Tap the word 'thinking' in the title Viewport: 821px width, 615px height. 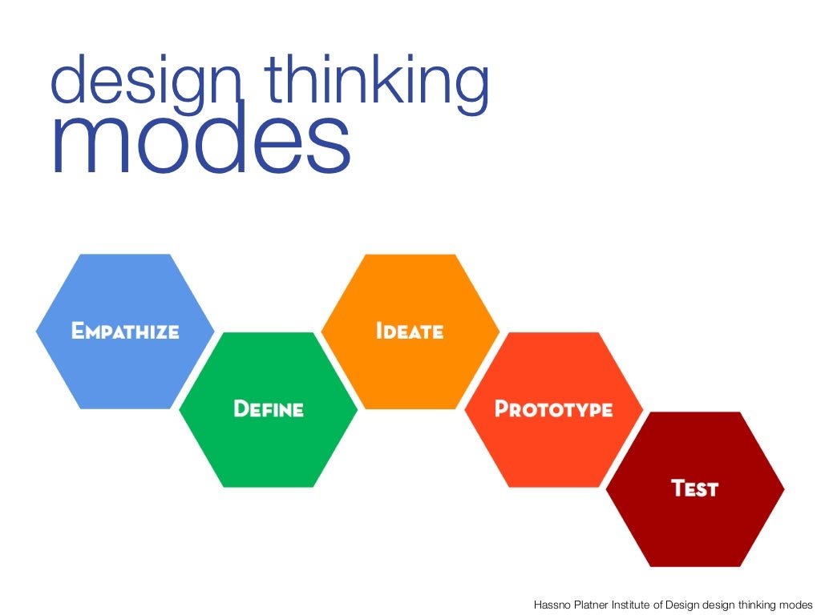(376, 82)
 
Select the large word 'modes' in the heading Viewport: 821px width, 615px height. (201, 144)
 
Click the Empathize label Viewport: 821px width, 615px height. (125, 331)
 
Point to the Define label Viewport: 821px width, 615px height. (268, 409)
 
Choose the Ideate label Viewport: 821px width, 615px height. (410, 331)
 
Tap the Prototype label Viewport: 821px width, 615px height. (553, 409)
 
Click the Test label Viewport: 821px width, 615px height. (694, 488)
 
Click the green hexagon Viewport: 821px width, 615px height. (268, 448)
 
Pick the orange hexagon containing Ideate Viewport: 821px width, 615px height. (410, 368)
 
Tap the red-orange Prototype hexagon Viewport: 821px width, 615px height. (553, 448)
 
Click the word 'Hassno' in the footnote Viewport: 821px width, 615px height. (552, 605)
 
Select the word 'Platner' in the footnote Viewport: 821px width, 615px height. (593, 605)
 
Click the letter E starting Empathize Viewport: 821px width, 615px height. (78, 331)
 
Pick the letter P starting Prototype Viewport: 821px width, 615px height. (502, 409)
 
